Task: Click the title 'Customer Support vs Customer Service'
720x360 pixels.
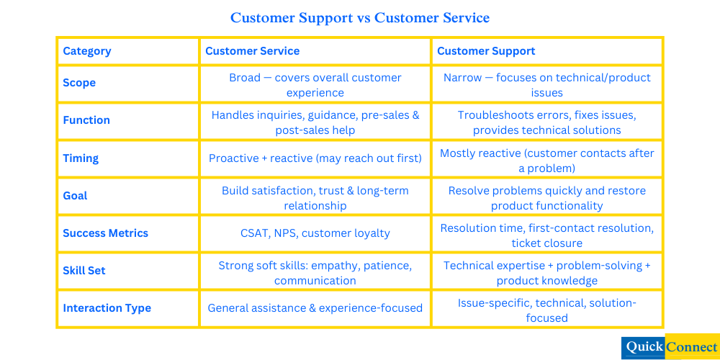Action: click(360, 18)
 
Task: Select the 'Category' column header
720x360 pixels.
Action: click(87, 51)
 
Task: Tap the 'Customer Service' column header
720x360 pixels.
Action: click(252, 51)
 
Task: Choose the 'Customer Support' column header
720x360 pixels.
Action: click(486, 51)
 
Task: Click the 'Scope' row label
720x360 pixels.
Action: click(79, 83)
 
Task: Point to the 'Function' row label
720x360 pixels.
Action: click(86, 120)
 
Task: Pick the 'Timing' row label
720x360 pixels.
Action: click(81, 158)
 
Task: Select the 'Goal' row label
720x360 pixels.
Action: click(76, 196)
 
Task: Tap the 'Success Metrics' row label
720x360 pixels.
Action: click(105, 233)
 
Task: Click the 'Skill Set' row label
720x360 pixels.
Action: click(84, 271)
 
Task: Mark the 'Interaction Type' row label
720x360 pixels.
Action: click(107, 308)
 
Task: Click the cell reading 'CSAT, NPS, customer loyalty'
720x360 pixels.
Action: click(315, 233)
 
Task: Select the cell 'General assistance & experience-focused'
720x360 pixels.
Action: click(315, 308)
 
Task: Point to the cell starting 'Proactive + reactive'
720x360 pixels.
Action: click(315, 158)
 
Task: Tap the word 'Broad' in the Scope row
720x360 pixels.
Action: click(245, 78)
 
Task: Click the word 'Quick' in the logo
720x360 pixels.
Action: click(644, 347)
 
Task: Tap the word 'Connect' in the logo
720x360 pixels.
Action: click(691, 347)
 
